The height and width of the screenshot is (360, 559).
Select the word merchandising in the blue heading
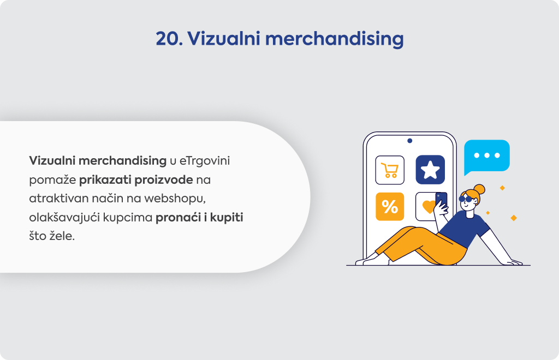tap(335, 39)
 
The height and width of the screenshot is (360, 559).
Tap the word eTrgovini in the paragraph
tap(204, 161)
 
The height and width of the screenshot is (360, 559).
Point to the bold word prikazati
tap(105, 180)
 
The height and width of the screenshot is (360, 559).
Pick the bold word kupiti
tap(227, 218)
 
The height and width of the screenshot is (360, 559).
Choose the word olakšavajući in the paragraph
tap(64, 218)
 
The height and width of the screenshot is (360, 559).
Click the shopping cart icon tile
tap(390, 170)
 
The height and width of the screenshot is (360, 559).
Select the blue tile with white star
tap(430, 170)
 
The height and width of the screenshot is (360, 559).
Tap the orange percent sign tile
tap(390, 207)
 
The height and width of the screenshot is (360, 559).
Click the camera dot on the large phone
tap(409, 141)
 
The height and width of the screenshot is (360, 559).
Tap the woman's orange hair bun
tap(479, 189)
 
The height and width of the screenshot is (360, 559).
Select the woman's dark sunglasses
tap(466, 199)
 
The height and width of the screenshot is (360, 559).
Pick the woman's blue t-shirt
tap(464, 229)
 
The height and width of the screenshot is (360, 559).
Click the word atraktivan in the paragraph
tap(59, 199)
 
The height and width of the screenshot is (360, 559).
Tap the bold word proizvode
tap(164, 180)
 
